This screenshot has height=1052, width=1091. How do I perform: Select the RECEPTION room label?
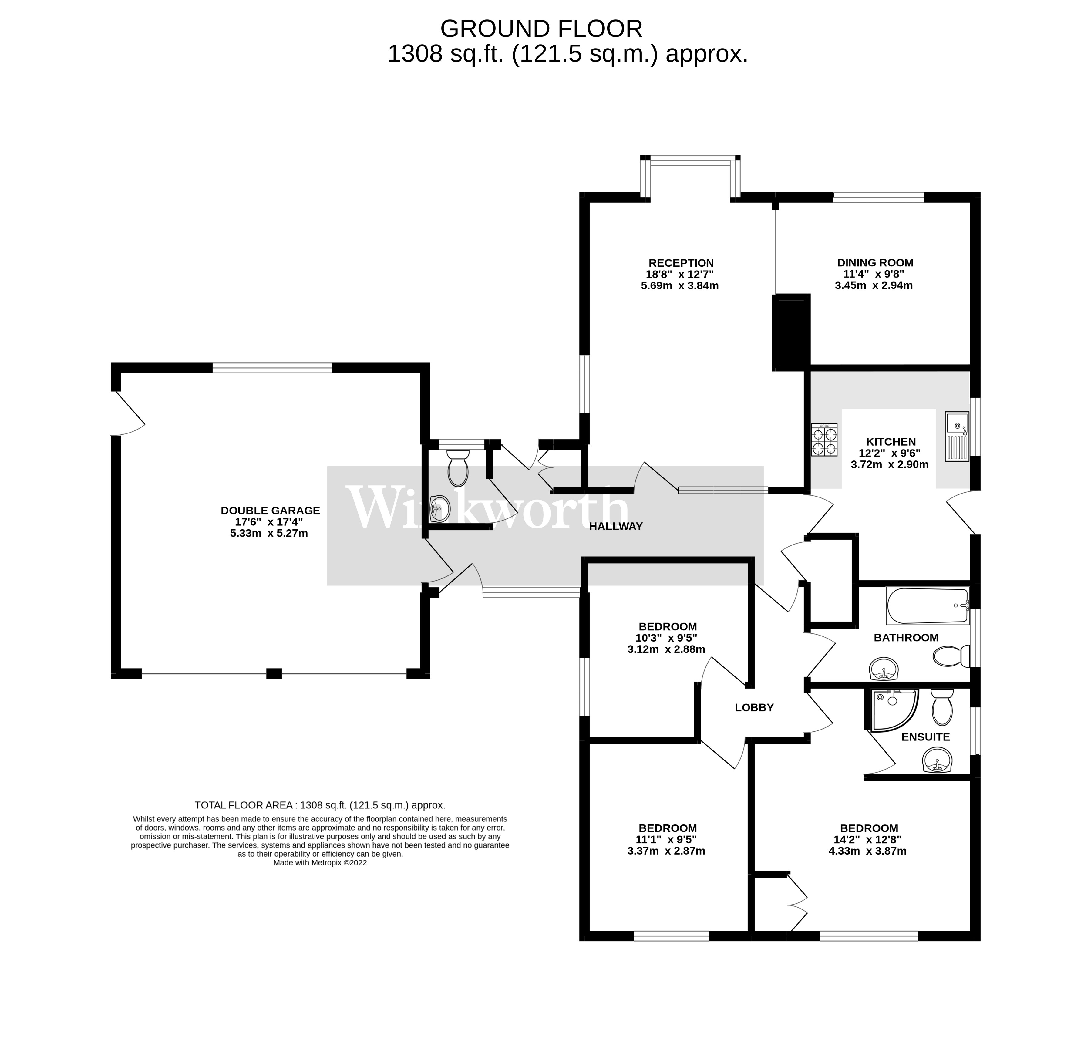point(681,263)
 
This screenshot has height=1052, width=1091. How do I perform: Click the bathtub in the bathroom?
point(927,605)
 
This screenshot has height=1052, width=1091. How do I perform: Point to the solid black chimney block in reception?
point(790,332)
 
